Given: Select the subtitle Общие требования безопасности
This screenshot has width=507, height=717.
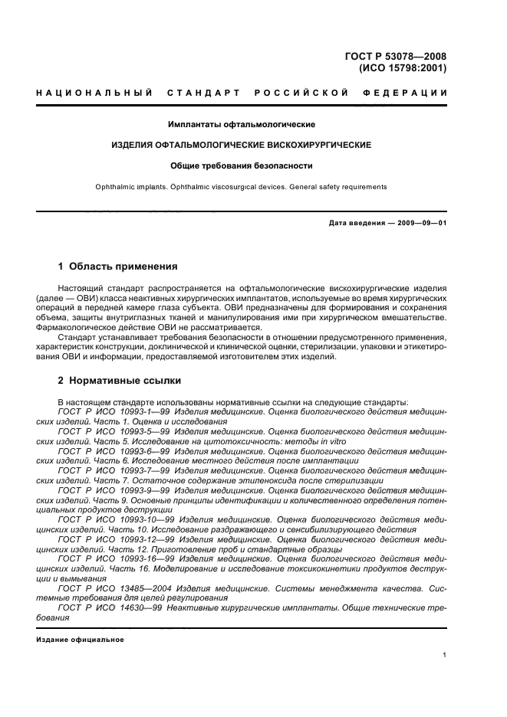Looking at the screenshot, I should pos(242,165).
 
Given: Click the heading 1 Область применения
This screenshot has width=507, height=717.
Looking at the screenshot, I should pos(118,267).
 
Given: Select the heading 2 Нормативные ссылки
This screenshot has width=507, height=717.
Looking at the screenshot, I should pos(120,380).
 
